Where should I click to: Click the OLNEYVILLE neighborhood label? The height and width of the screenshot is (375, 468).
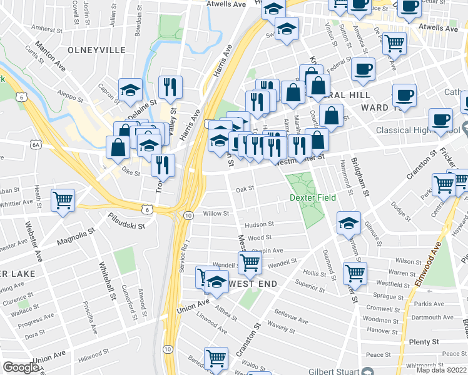[96, 49]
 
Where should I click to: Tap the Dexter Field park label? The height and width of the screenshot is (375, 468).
[313, 197]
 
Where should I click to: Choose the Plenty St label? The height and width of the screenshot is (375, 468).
[424, 342]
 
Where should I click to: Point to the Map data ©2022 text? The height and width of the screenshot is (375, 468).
[440, 370]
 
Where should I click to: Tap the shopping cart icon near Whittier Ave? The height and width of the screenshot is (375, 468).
[63, 200]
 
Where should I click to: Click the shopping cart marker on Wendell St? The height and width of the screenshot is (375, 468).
[250, 262]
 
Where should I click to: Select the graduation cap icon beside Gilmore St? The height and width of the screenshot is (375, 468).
[348, 222]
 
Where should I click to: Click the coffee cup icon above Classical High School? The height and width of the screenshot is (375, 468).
[440, 118]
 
